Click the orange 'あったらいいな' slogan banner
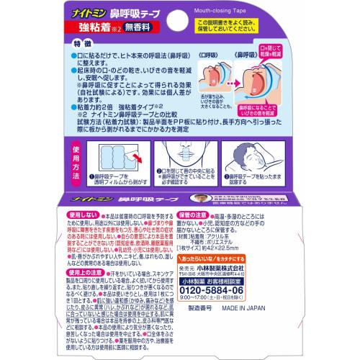click(x=249, y=277)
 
